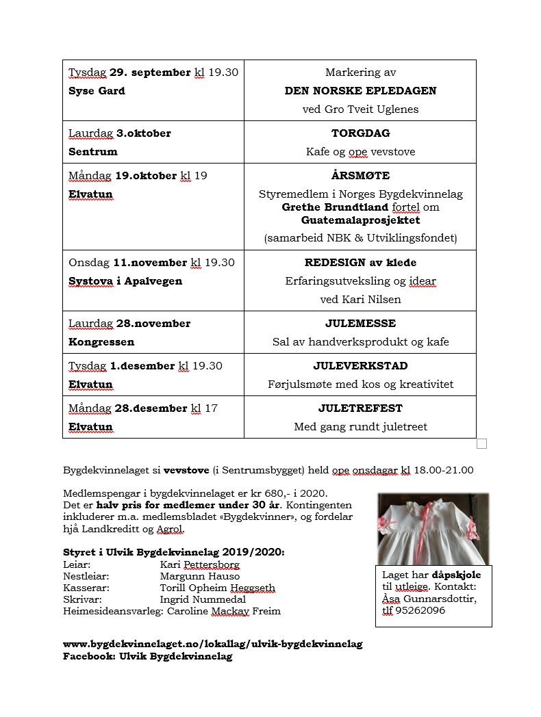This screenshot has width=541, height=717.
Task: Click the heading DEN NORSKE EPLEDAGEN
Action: coord(360,91)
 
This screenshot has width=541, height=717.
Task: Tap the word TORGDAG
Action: coord(360,133)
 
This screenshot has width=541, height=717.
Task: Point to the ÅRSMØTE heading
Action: coord(360,176)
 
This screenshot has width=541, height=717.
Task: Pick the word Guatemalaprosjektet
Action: coord(360,220)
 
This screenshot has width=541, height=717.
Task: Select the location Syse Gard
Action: coord(97,91)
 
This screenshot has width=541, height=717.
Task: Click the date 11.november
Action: coord(150,263)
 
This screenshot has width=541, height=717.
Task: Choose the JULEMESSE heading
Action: coord(360,324)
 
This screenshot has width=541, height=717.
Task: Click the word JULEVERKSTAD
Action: coord(360,366)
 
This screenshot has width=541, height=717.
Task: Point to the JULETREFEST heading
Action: coord(360,408)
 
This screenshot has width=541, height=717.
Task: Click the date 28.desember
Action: coord(150,408)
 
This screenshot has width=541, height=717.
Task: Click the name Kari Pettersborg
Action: coord(199,565)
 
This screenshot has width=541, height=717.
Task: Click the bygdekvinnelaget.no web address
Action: coord(212,644)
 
